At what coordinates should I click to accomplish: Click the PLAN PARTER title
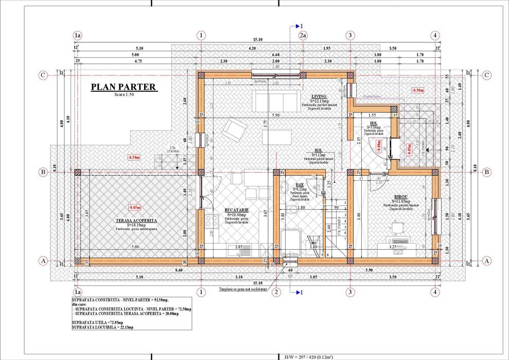[123, 87]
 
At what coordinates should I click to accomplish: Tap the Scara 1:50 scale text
[123, 95]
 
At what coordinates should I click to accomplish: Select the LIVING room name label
[319, 96]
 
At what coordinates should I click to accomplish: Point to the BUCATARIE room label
[237, 210]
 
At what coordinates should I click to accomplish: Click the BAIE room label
[300, 184]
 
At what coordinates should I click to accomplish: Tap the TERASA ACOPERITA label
[136, 220]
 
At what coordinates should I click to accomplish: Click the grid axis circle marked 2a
[304, 35]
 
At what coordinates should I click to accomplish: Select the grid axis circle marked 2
[276, 293]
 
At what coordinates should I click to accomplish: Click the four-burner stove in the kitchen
[212, 222]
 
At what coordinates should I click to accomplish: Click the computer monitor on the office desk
[396, 227]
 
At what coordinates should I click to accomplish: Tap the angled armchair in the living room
[234, 130]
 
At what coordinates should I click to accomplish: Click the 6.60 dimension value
[275, 54]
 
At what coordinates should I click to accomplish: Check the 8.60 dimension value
[179, 269]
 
